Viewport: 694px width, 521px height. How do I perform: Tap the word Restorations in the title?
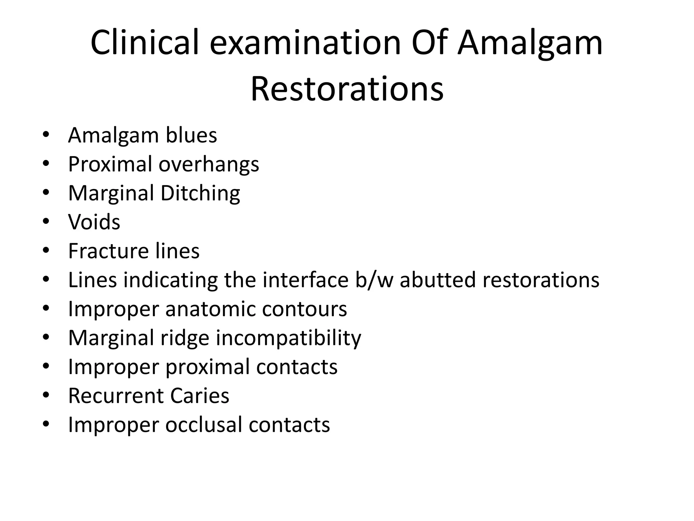coord(347,89)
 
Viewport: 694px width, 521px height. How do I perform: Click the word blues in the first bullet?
coord(191,135)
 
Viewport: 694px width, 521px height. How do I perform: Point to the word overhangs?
coord(209,165)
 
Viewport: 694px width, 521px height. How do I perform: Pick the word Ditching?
coord(200,193)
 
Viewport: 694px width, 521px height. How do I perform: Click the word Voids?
coord(94,222)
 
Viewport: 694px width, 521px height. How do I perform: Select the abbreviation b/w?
coord(374,280)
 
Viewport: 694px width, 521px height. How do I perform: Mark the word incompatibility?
coord(288,338)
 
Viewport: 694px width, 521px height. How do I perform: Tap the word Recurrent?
coord(115,396)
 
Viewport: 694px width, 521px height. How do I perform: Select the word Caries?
coord(200,396)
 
